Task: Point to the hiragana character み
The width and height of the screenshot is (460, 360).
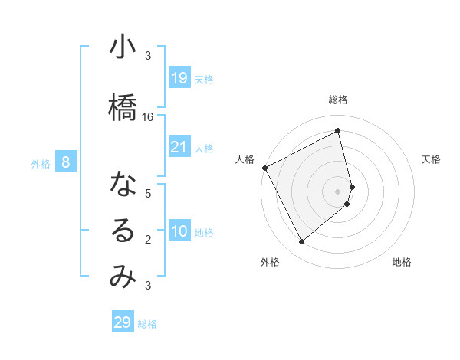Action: point(122,277)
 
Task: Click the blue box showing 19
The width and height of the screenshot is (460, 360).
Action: point(179,77)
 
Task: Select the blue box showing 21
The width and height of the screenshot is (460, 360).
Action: point(179,147)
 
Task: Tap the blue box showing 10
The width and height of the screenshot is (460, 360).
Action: point(179,231)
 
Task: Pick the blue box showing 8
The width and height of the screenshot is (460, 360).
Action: point(67,162)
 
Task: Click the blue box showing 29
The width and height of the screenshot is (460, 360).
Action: point(123,322)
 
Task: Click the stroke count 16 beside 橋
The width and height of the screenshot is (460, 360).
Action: point(148,116)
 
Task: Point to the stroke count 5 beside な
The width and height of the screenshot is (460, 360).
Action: point(148,194)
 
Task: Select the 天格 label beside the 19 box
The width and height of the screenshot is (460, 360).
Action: point(204,79)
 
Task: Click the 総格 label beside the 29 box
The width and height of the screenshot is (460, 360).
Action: point(147,324)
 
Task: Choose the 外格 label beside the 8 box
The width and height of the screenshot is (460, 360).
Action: point(41,163)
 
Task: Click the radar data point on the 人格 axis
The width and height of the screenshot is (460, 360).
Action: point(264,168)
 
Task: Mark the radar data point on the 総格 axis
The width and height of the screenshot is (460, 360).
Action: point(337,131)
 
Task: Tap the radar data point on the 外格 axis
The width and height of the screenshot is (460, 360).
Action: point(301,242)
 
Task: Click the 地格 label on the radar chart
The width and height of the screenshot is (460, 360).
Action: point(402,262)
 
